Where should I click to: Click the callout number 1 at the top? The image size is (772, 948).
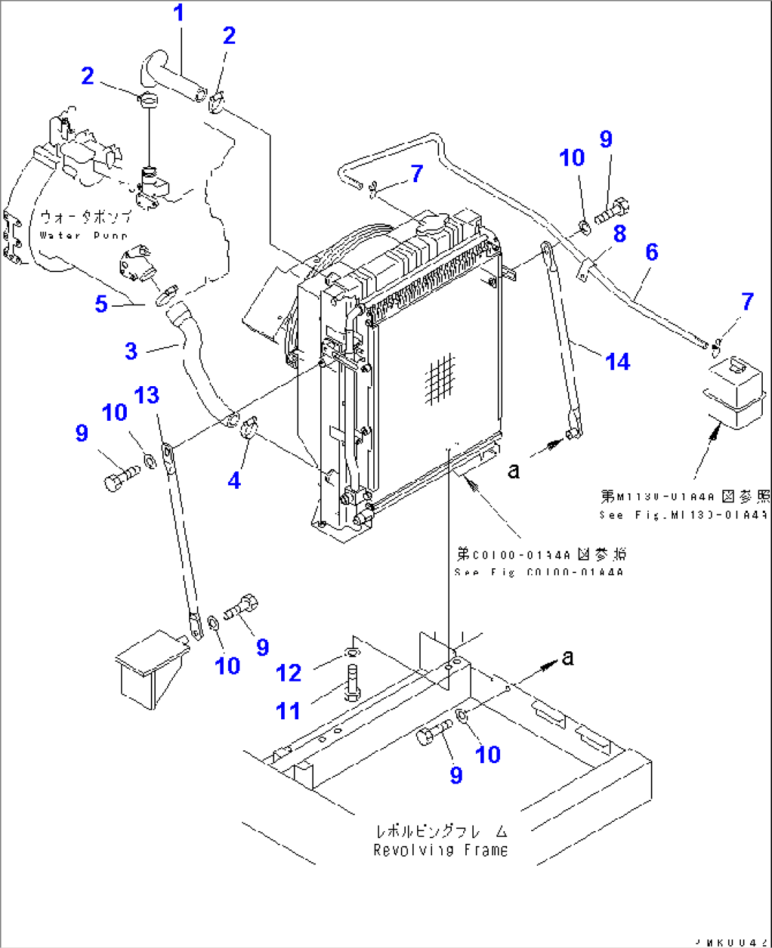click(x=179, y=13)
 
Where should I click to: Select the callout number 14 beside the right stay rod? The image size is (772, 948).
click(x=618, y=362)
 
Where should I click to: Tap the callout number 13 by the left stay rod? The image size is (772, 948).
click(x=147, y=395)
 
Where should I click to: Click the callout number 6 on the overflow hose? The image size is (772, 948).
click(x=651, y=252)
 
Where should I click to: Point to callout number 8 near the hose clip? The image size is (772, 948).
click(x=619, y=233)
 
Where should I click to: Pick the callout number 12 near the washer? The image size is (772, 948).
click(x=289, y=672)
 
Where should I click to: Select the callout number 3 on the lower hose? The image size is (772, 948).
click(x=131, y=351)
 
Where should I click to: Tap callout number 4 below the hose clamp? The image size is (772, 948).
click(x=234, y=480)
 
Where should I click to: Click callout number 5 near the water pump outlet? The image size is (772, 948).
click(x=101, y=304)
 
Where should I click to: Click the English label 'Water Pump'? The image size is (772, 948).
click(x=84, y=235)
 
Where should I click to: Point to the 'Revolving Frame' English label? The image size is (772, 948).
click(x=441, y=850)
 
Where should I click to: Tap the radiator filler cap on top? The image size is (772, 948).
click(x=431, y=225)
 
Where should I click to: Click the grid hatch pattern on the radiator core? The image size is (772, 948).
click(x=441, y=379)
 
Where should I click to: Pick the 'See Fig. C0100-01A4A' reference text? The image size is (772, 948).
click(x=538, y=572)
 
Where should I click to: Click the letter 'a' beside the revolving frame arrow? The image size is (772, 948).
click(x=567, y=658)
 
